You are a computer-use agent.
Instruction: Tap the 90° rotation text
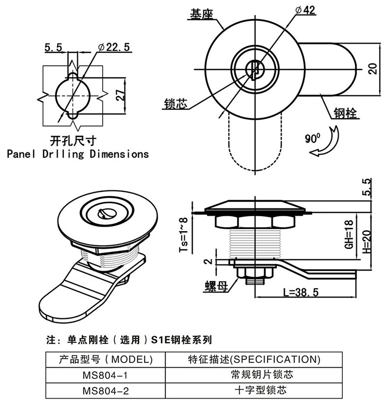(312, 138)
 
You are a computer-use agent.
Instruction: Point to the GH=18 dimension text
(350, 233)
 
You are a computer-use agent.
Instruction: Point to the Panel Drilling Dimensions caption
(78, 154)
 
